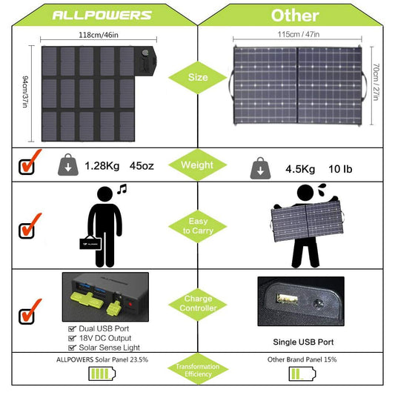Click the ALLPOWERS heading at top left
[102, 15]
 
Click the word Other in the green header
[295, 15]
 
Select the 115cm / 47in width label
[298, 34]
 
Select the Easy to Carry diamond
[197, 226]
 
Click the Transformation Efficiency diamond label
[197, 371]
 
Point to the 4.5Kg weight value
[302, 169]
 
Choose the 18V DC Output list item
[107, 337]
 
